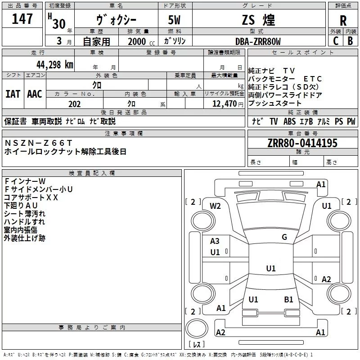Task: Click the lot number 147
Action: coord(22,19)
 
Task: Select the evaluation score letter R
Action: coord(343,21)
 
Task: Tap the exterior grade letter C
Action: coord(336,40)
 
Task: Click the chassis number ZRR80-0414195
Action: coord(302,143)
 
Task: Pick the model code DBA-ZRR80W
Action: coord(258,41)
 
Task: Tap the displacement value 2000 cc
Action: coord(137,41)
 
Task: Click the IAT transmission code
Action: coord(13,94)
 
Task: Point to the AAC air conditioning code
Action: coord(35,94)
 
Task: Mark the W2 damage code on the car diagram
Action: coord(216,206)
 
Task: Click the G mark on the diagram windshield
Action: coord(284,237)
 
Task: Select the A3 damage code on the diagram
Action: coord(215,241)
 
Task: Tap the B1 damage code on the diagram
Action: coord(288,299)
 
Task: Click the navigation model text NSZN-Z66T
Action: coord(38,143)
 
